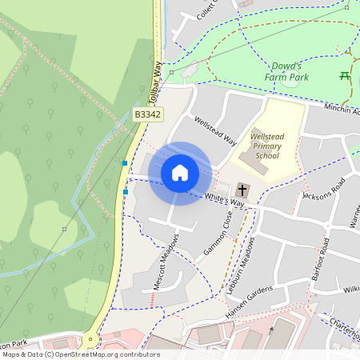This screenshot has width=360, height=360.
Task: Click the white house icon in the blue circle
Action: [180, 172]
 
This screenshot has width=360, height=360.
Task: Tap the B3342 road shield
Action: [148, 115]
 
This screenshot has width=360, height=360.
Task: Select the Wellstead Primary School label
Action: [266, 145]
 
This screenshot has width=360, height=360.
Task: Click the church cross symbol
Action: [242, 190]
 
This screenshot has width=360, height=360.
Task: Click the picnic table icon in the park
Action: [344, 76]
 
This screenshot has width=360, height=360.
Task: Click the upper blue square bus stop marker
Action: [125, 163]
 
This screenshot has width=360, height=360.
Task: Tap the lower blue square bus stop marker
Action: [126, 191]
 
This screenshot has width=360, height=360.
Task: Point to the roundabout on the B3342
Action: [90, 338]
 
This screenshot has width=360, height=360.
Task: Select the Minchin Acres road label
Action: [342, 108]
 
